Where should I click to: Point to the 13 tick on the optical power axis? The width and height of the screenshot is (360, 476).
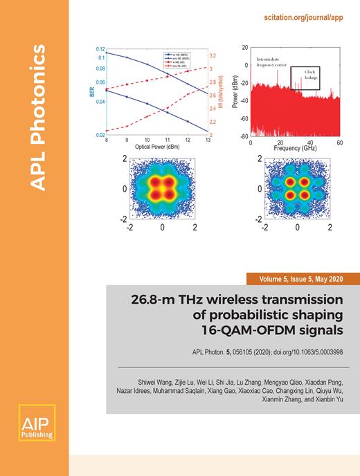[x=208, y=140]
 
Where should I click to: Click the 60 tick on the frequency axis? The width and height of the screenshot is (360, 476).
[x=340, y=141]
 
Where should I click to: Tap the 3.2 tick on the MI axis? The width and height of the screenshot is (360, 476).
[x=214, y=55]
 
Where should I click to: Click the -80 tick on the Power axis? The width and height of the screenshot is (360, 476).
[x=244, y=136]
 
